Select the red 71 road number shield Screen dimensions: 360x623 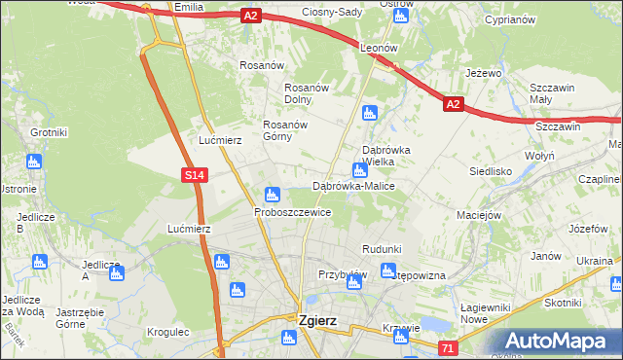[447, 347]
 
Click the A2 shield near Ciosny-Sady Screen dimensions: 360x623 [251, 15]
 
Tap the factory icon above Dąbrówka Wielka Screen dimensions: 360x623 [369, 113]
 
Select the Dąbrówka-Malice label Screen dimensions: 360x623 [352, 186]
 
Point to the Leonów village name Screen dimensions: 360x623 [381, 47]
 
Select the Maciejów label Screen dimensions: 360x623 [479, 214]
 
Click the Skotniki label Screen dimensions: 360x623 [563, 303]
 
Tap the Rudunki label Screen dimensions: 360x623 [381, 249]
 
